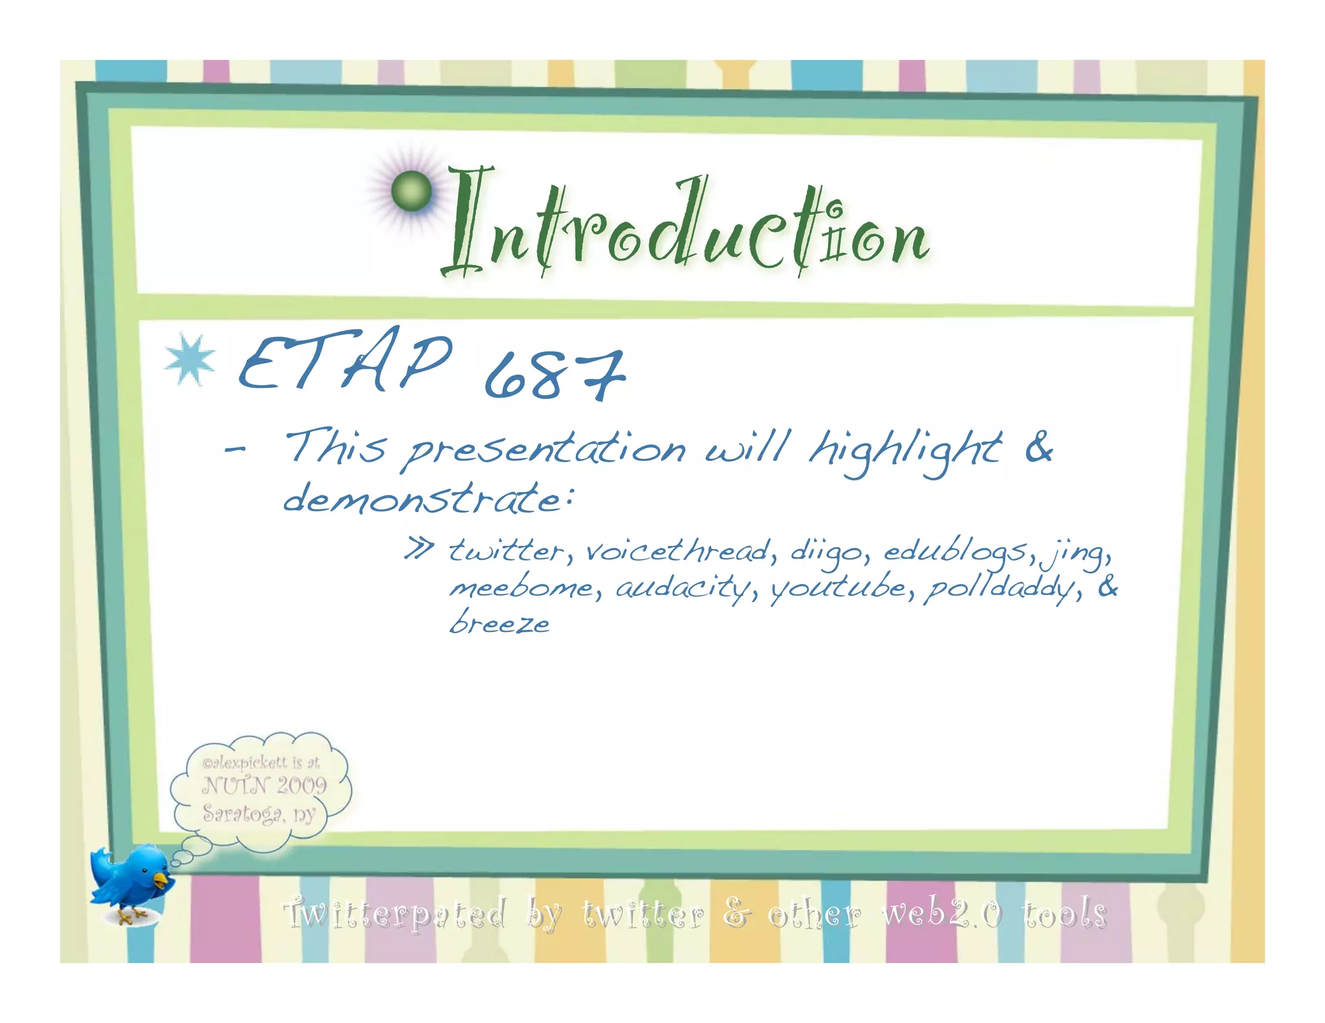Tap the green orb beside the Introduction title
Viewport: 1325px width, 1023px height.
(x=411, y=191)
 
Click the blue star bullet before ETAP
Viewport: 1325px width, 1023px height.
(x=189, y=360)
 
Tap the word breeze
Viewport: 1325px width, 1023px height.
(x=499, y=623)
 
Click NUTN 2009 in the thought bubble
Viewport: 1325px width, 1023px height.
(x=264, y=786)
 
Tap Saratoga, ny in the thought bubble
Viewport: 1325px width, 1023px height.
(x=259, y=813)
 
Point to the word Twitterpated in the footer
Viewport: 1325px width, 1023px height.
(x=395, y=914)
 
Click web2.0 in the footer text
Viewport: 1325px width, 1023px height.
(x=942, y=913)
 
